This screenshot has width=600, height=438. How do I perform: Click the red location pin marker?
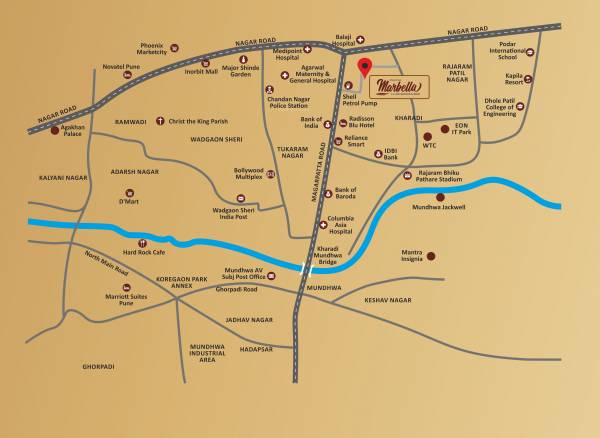[365, 68]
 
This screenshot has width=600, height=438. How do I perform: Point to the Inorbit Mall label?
[201, 70]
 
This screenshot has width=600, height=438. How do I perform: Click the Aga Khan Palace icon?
[53, 131]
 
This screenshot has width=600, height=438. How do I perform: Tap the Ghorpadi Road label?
[237, 288]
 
